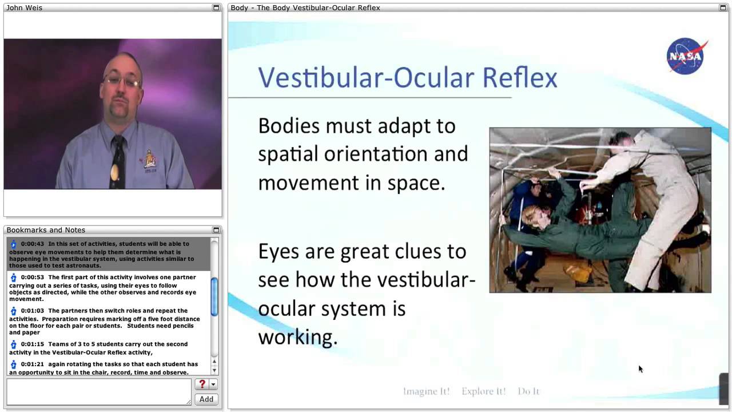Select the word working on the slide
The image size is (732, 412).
pos(297,337)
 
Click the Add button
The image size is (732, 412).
pos(206,399)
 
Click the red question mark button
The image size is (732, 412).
pos(202,385)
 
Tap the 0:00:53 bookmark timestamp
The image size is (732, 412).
pos(33,277)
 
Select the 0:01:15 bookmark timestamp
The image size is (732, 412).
pos(33,344)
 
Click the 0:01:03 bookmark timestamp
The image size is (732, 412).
pos(33,311)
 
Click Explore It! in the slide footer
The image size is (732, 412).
pos(483,391)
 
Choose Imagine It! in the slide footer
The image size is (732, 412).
pos(426,391)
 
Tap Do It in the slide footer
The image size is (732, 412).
pos(528,391)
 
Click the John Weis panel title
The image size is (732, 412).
pos(25,7)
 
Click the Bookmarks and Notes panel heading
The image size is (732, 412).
pos(46,230)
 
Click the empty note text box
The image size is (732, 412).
pos(98,392)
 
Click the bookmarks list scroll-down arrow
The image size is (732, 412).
pos(214,371)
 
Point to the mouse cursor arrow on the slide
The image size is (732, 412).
pos(640,369)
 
